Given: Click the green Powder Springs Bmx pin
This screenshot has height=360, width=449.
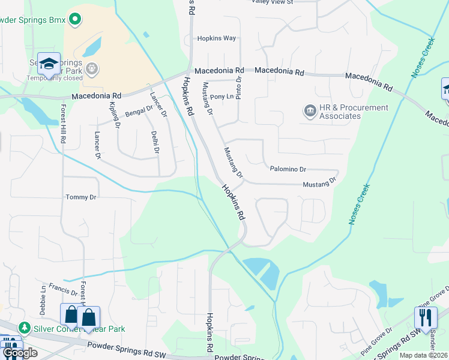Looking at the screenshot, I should coord(74,20).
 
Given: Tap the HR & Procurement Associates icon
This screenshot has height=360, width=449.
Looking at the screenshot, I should coord(310,111).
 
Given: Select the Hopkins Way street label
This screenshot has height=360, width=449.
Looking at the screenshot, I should coord(217,38).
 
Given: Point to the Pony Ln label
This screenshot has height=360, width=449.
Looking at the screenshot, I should coord(221,96).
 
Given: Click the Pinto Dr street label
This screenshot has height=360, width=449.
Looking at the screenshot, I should coord(239,88).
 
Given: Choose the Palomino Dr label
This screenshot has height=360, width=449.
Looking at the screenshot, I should coord(288,169).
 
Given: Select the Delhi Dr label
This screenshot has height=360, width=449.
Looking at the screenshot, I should coord(155,142).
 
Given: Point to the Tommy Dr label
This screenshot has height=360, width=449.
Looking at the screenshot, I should coord(81,197).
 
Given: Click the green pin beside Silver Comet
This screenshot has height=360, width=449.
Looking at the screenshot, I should coord(25,328).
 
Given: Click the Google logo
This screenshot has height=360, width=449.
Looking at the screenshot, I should coord(20,353).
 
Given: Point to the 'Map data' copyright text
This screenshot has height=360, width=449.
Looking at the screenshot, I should coord(424,355).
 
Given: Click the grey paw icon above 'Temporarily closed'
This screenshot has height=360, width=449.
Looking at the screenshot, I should coord(91,68).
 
